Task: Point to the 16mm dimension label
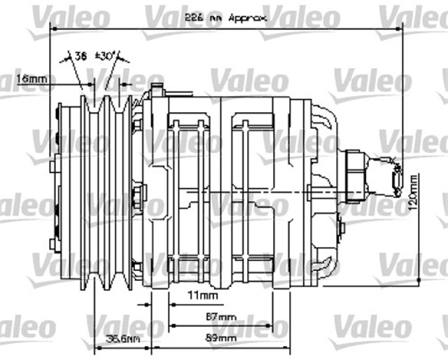(x=32, y=79)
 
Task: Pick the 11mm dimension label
(x=202, y=296)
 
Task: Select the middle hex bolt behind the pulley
(x=136, y=194)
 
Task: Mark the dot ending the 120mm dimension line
(x=418, y=280)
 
